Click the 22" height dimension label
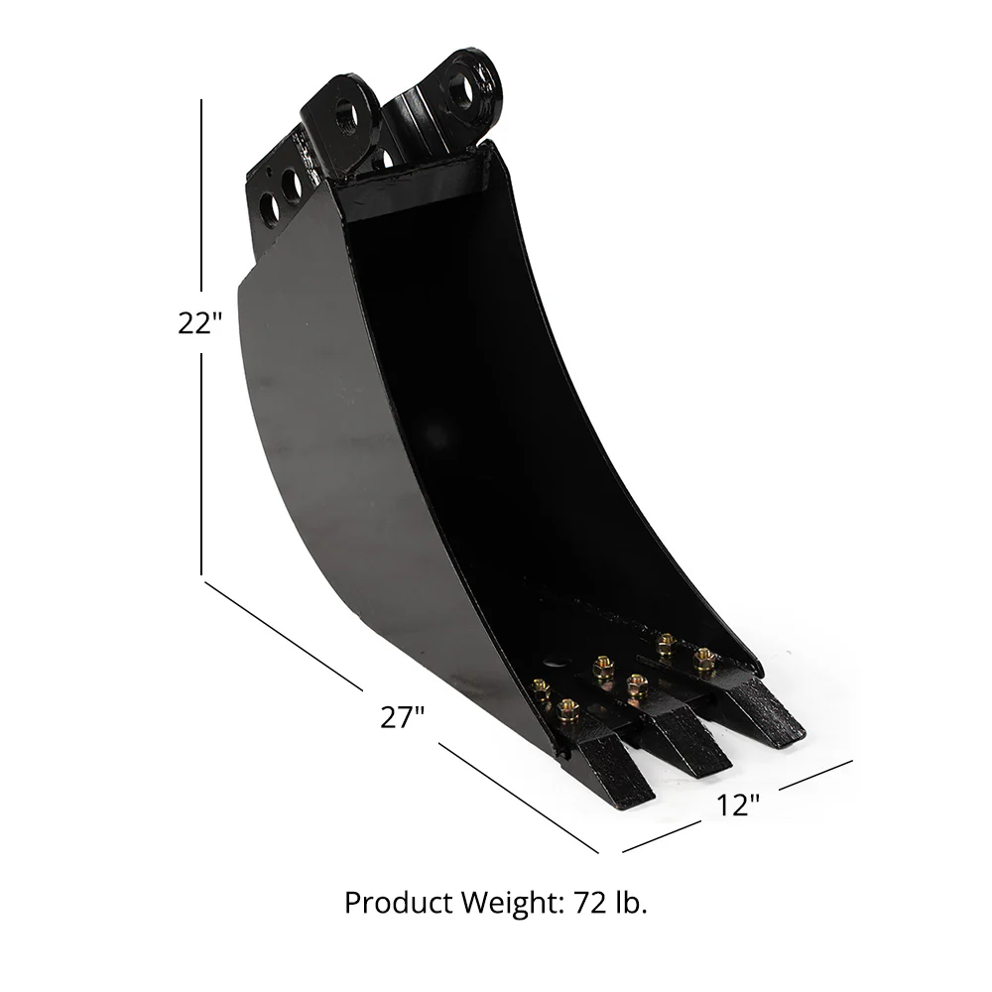[x=194, y=323]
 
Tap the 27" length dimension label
[x=403, y=717]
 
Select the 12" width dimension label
[x=738, y=805]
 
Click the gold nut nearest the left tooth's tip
[x=567, y=708]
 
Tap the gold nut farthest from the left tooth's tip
[x=542, y=686]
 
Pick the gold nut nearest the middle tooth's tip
[x=638, y=682]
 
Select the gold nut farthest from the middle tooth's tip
[x=601, y=664]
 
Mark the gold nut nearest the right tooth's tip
[x=703, y=656]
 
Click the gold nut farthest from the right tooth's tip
[x=666, y=642]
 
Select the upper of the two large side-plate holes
[x=291, y=185]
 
